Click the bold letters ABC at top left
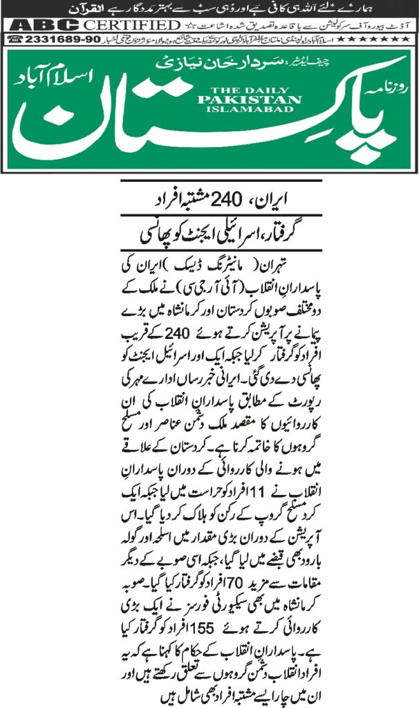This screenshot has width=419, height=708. click(42, 25)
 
